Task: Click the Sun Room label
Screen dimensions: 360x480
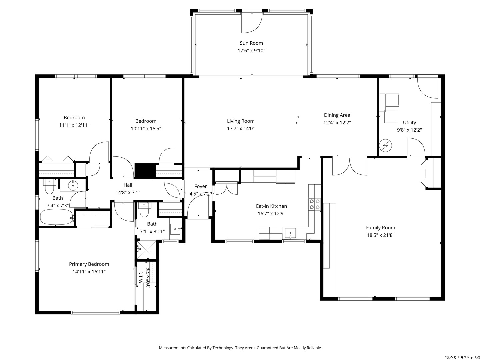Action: click(x=251, y=43)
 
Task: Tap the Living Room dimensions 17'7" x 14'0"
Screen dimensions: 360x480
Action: click(x=241, y=129)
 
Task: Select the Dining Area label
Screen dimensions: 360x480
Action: click(x=337, y=115)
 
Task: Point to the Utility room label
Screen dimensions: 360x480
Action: click(x=409, y=122)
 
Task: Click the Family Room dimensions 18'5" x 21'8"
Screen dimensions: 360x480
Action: click(x=380, y=235)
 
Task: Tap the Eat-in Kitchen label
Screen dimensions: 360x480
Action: click(x=271, y=206)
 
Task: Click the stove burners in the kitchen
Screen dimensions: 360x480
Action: click(x=314, y=204)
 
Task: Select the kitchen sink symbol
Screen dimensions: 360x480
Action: click(x=290, y=233)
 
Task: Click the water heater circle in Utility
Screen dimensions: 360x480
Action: click(x=386, y=145)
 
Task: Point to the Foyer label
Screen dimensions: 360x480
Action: click(x=200, y=186)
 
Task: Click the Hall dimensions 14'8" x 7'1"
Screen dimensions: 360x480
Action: click(x=128, y=192)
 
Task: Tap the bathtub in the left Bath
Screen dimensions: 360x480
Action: click(x=56, y=217)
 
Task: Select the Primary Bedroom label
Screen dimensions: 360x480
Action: click(x=89, y=264)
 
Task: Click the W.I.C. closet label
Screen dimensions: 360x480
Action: click(x=141, y=277)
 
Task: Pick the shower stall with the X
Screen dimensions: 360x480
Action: click(x=146, y=250)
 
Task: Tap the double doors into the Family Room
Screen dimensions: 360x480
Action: click(x=349, y=166)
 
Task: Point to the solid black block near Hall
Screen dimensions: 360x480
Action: click(x=145, y=170)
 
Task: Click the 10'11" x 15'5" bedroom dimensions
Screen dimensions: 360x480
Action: click(x=146, y=129)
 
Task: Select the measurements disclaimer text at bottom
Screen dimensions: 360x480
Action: click(x=240, y=348)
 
